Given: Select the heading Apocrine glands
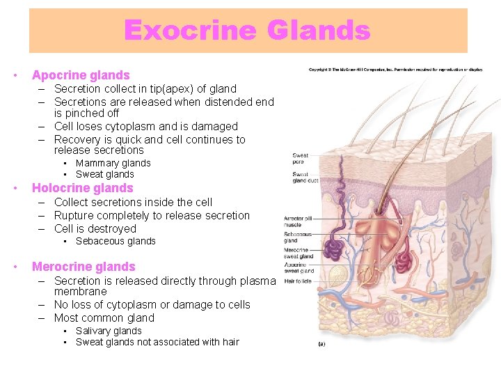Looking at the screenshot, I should click(81, 75).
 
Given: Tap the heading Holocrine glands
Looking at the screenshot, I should click(82, 188).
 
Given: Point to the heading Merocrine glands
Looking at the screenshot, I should click(83, 267).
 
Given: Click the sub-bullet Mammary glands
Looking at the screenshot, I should click(113, 163).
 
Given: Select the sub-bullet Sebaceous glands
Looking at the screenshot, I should click(116, 241).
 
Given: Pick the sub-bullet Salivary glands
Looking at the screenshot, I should click(109, 331).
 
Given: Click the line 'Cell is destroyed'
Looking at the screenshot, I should click(95, 228).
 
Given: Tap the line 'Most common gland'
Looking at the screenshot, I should click(104, 318).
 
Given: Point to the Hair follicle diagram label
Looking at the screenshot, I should click(297, 281).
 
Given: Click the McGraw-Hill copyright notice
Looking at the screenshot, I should click(395, 68).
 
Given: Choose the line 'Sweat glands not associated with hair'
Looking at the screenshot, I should click(157, 342).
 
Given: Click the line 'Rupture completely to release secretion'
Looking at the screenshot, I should click(152, 215).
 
